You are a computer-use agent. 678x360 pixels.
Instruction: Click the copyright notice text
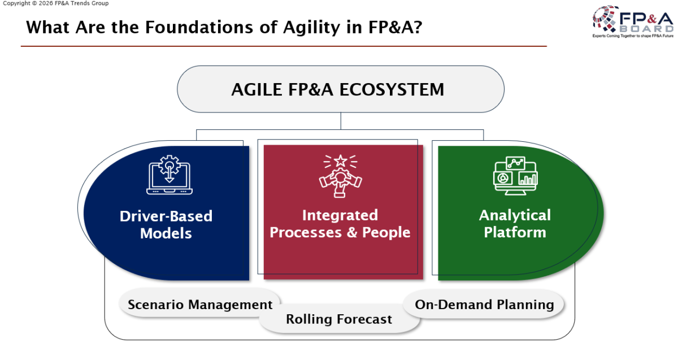click(x=55, y=3)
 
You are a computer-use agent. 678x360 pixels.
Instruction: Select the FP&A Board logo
click(x=633, y=21)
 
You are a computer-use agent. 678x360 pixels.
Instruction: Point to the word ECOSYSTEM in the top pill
click(x=392, y=90)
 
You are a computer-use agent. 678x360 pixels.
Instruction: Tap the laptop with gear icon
click(x=169, y=175)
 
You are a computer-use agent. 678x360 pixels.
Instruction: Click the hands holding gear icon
click(x=340, y=176)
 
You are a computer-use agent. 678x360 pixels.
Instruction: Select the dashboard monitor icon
click(x=515, y=176)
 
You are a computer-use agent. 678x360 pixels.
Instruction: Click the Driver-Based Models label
click(x=166, y=225)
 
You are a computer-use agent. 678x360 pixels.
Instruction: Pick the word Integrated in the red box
click(x=340, y=215)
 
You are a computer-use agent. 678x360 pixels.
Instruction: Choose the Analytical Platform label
click(x=515, y=224)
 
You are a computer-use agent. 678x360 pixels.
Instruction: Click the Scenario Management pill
click(x=200, y=303)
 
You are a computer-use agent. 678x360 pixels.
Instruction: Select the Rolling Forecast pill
click(x=339, y=319)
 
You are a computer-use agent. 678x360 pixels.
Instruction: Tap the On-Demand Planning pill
click(x=484, y=304)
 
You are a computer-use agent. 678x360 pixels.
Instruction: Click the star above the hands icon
click(x=340, y=161)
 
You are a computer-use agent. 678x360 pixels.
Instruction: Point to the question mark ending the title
click(x=418, y=27)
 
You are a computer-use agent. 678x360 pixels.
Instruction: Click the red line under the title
click(x=284, y=46)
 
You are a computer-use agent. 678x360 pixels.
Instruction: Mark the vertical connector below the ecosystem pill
click(x=341, y=121)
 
